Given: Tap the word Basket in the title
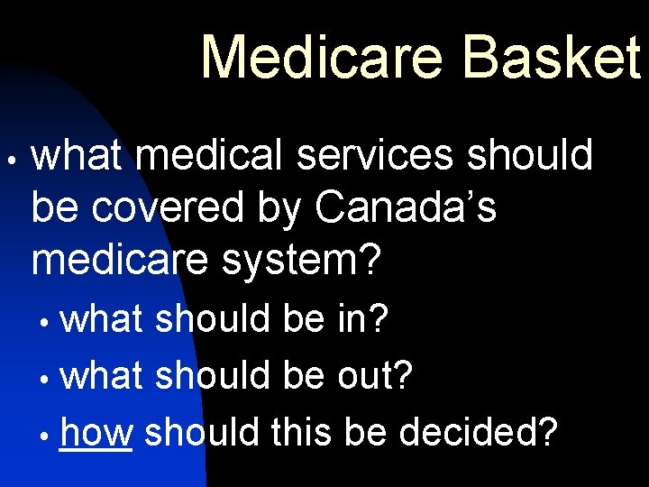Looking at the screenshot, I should [551, 56].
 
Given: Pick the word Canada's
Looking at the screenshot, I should [406, 208].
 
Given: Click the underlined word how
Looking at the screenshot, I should [96, 433].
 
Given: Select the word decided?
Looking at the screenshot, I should [479, 433].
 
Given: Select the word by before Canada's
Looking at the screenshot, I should [279, 210].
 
